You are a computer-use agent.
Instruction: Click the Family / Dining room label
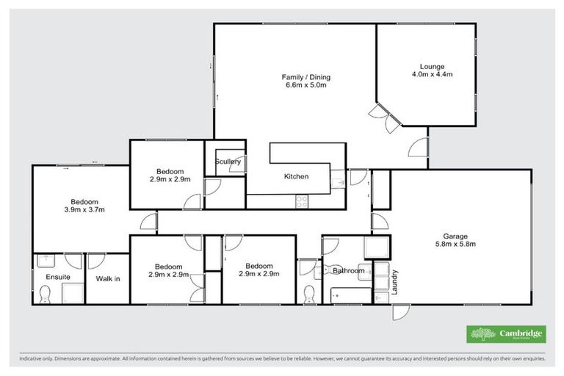pos(306,77)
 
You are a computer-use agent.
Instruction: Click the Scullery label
pos(228,162)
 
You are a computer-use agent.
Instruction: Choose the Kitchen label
pos(296,176)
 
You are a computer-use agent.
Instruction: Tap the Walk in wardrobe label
pos(108,278)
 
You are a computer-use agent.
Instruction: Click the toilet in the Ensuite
pos(46,294)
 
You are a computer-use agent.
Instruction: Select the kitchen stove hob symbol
pos(302,200)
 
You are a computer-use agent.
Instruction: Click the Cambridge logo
pos(507,334)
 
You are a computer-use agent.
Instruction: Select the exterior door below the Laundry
pos(399,311)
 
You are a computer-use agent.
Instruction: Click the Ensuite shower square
pos(72,292)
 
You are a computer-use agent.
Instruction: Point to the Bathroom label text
pos(348,271)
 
